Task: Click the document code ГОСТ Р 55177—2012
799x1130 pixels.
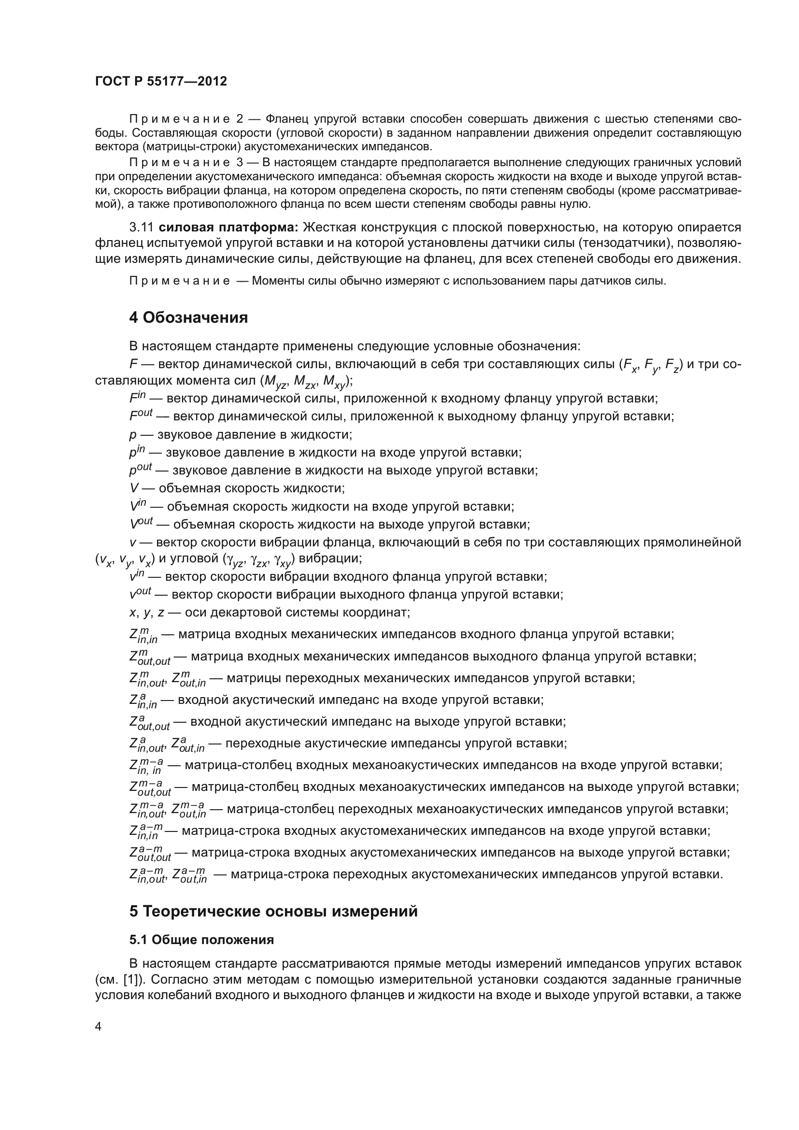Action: pyautogui.click(x=161, y=82)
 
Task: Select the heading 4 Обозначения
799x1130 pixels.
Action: pyautogui.click(x=188, y=318)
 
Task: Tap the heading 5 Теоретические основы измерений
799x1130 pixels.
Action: pyautogui.click(x=273, y=912)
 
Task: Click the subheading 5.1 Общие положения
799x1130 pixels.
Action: pyautogui.click(x=202, y=940)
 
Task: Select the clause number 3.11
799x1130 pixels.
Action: pyautogui.click(x=142, y=228)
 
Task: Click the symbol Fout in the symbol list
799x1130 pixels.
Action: pyautogui.click(x=141, y=415)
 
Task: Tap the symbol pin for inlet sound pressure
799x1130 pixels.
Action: pyautogui.click(x=137, y=451)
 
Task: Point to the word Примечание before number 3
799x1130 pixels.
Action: pyautogui.click(x=179, y=163)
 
